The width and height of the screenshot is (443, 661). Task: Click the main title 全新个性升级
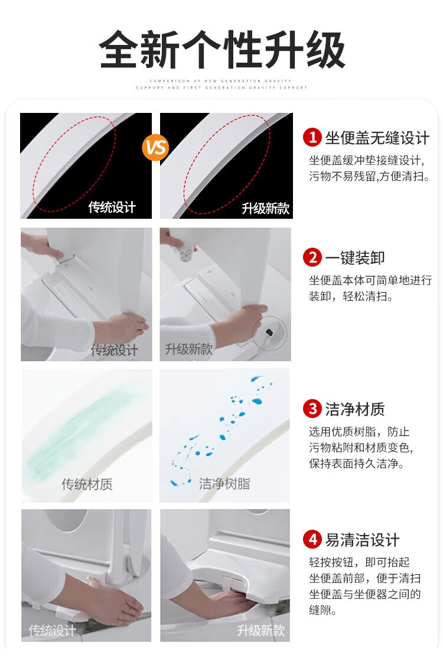coord(222,50)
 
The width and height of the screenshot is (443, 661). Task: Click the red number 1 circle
coord(312,137)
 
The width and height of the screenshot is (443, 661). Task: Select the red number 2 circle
coord(312,257)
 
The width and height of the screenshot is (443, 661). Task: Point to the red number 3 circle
coord(312,409)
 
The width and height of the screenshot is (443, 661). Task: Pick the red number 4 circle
coord(312,539)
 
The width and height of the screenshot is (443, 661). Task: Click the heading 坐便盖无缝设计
coord(377,138)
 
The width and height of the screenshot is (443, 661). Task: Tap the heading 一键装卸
coord(354,258)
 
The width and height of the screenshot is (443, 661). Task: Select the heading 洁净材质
coord(354,409)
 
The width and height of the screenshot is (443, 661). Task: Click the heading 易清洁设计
coord(362,540)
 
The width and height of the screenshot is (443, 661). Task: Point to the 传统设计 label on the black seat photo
coord(112,207)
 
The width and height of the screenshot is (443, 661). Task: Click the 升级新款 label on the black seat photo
coord(266,208)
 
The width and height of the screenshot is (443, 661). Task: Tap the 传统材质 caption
coord(87,484)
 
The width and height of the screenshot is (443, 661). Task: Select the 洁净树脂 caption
coord(224,484)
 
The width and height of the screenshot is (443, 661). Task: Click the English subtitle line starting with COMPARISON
coord(220,80)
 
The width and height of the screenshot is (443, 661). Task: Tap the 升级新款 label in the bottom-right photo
coord(260,631)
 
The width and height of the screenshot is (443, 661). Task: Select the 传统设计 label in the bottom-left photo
coord(52,631)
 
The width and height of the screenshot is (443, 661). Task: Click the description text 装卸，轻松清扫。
coord(351,296)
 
